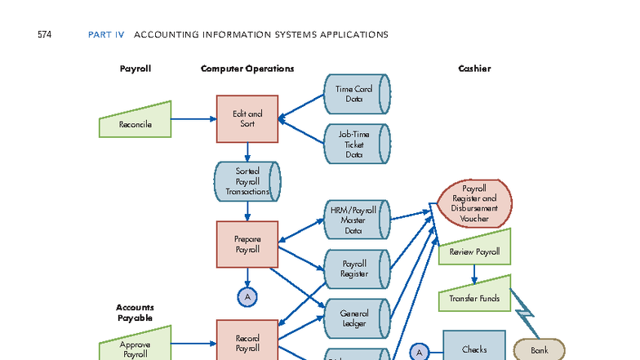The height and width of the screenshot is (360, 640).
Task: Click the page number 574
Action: click(x=45, y=34)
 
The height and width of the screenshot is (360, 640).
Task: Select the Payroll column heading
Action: click(x=136, y=69)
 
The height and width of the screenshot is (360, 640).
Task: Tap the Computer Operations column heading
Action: click(x=247, y=69)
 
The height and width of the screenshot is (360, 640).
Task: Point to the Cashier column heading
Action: click(x=474, y=69)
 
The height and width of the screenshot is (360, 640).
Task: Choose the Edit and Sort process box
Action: click(x=247, y=118)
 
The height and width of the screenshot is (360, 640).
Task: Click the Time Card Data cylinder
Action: click(x=356, y=94)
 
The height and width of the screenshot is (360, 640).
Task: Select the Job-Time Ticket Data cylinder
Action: click(x=356, y=144)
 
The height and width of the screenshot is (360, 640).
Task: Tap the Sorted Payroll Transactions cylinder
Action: click(x=247, y=181)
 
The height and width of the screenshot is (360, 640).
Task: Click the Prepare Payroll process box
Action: click(x=247, y=244)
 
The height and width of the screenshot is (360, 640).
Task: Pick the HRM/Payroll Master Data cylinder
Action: click(x=356, y=220)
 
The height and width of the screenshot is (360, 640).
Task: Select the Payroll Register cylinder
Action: click(x=356, y=269)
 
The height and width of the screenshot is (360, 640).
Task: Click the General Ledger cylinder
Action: click(x=356, y=318)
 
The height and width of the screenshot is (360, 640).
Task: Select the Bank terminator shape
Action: click(x=540, y=349)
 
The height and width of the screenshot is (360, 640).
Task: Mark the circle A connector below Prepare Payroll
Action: click(x=247, y=296)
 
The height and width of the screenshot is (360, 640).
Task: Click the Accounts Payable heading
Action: click(x=136, y=312)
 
